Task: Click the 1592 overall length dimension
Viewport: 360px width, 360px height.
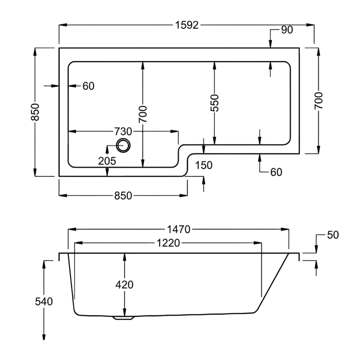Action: click(x=186, y=26)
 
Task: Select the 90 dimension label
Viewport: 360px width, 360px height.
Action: click(x=287, y=30)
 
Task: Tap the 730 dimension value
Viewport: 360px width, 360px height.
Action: click(x=122, y=131)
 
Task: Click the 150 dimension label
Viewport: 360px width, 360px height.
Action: click(x=204, y=165)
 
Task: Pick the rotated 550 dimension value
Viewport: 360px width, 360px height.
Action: click(x=215, y=103)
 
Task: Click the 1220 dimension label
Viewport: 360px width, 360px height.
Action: click(x=168, y=243)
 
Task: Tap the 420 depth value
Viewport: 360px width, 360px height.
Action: click(x=124, y=284)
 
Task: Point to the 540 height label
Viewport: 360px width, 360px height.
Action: click(x=44, y=301)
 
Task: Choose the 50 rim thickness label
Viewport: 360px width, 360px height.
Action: click(x=333, y=235)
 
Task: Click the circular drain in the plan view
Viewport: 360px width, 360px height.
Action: click(x=123, y=145)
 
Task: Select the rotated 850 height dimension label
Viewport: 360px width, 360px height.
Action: click(x=36, y=112)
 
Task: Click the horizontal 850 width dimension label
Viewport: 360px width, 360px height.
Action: click(x=122, y=195)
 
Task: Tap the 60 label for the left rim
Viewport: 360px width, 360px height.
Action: click(x=89, y=86)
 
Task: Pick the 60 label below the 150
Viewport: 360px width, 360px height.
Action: click(x=276, y=172)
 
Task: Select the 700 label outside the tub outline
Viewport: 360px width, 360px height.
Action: click(x=319, y=101)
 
